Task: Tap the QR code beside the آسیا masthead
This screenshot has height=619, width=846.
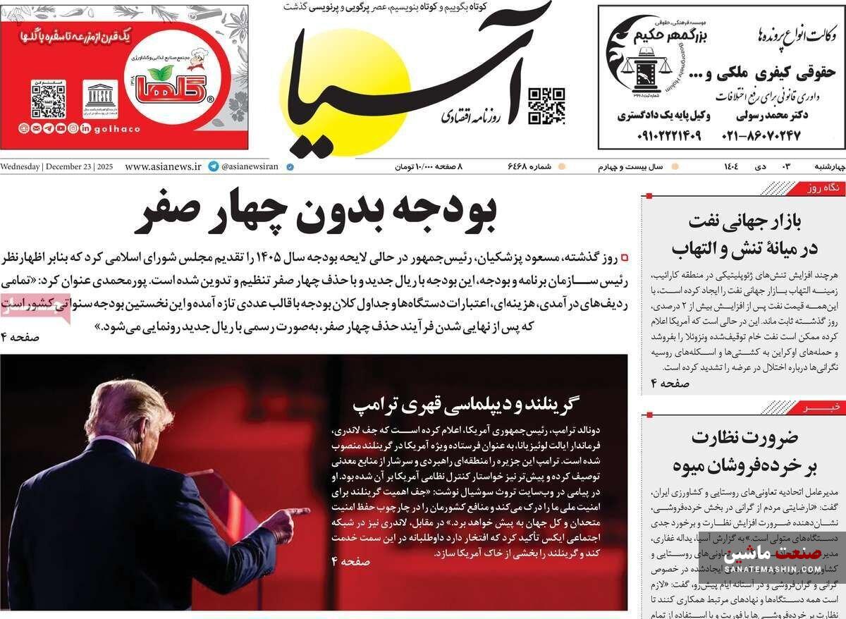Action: tap(547, 106)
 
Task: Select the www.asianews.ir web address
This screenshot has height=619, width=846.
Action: tap(163, 167)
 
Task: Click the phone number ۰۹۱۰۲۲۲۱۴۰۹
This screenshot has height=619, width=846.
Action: tap(659, 134)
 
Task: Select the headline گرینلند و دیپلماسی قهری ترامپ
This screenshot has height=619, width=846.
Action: tap(465, 404)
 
